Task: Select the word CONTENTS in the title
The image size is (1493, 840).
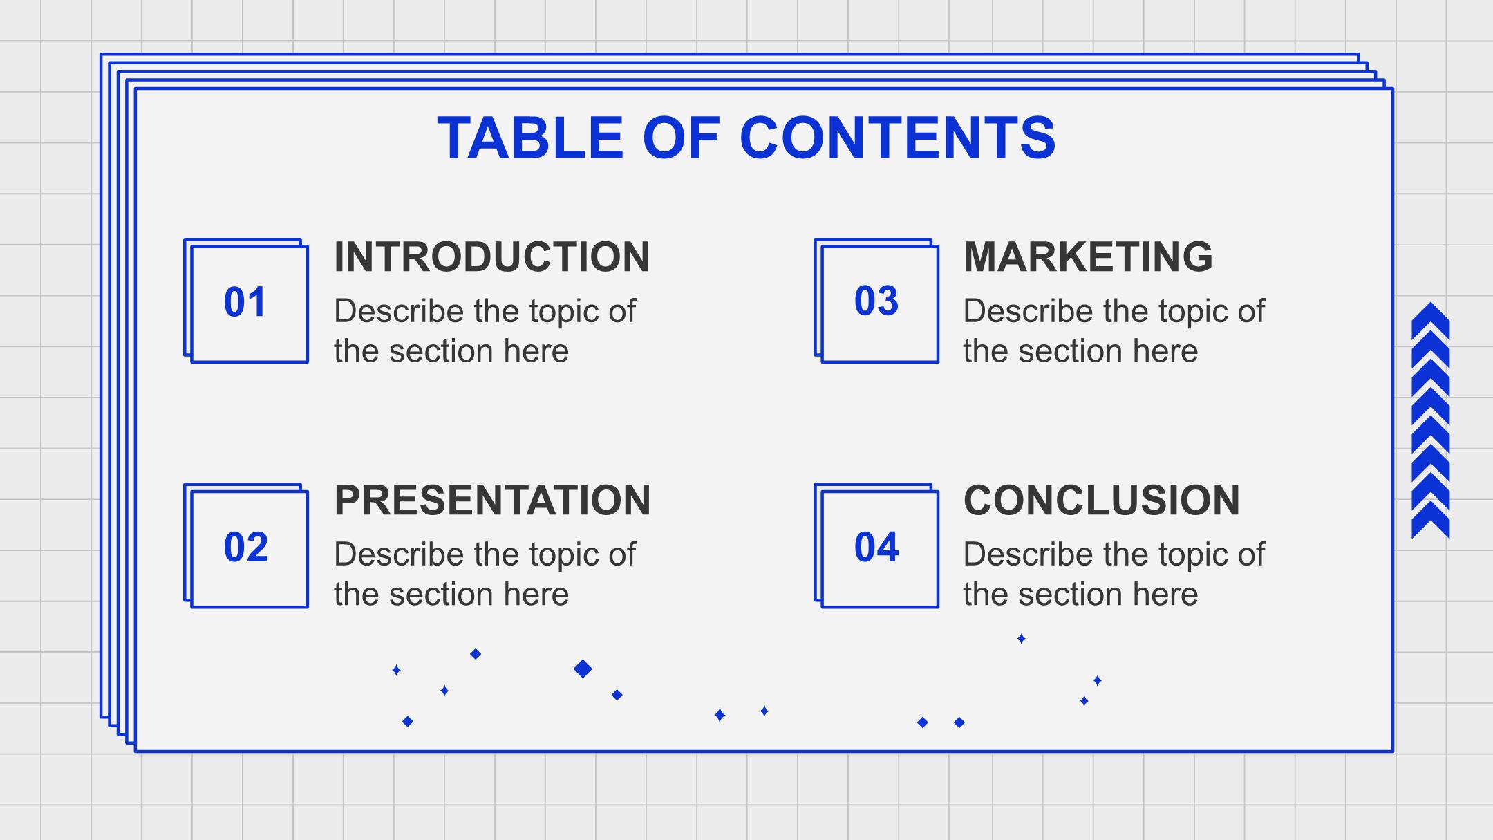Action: point(898,138)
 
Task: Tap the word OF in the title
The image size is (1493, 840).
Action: point(682,138)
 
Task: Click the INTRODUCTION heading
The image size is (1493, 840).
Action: point(492,256)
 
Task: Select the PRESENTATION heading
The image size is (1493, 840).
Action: point(492,500)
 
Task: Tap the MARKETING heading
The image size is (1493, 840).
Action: point(1088,256)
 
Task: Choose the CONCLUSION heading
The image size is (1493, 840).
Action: point(1102,500)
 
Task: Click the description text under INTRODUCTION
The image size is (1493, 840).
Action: point(485,330)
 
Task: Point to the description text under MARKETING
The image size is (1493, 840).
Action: point(1114,330)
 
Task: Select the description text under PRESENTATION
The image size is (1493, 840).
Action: point(485,574)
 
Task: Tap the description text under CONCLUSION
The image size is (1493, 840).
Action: point(1114,574)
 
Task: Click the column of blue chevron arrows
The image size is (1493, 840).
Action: point(1430,420)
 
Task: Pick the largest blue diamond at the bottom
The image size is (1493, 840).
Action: point(583,669)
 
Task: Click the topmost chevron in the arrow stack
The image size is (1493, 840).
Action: point(1430,320)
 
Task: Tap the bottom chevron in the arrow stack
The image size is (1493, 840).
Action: point(1430,520)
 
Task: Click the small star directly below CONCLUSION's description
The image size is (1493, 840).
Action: point(1021,638)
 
